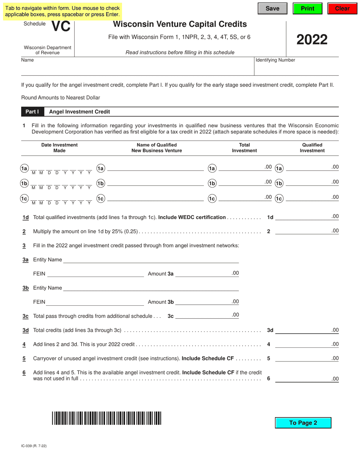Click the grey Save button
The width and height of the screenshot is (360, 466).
coord(272,8)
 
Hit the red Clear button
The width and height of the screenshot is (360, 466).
coord(343,8)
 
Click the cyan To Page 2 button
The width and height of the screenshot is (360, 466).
coord(303,423)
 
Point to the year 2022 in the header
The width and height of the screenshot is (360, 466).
coord(312,39)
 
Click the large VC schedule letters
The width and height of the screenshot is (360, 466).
coord(61,26)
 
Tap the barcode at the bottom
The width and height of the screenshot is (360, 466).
coord(106,418)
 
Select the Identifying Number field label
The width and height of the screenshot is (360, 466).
coord(275,60)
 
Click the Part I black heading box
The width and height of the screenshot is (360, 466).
coord(32,112)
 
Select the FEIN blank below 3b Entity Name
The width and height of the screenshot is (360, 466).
coord(95,302)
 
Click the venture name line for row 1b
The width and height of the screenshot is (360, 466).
coord(155,183)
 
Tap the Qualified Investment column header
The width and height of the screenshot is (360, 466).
coord(312,148)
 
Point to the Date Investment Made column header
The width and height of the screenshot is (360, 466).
coord(59,148)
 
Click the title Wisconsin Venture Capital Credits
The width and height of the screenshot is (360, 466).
coord(180,25)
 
